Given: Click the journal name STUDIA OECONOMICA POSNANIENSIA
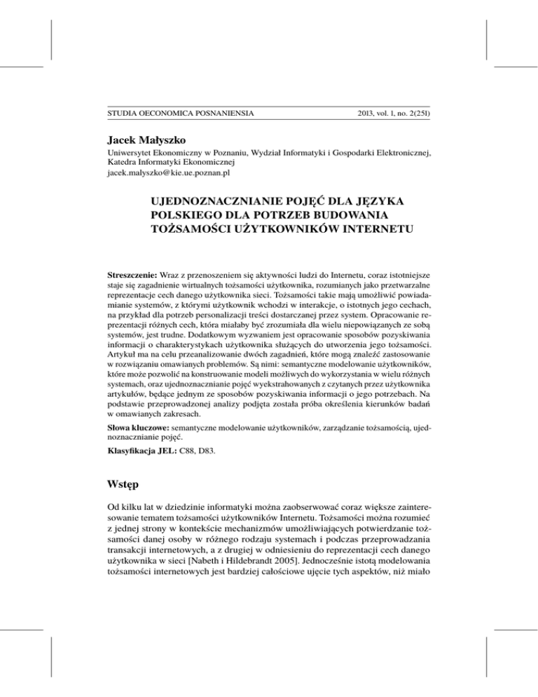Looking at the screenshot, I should click(x=180, y=112).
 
